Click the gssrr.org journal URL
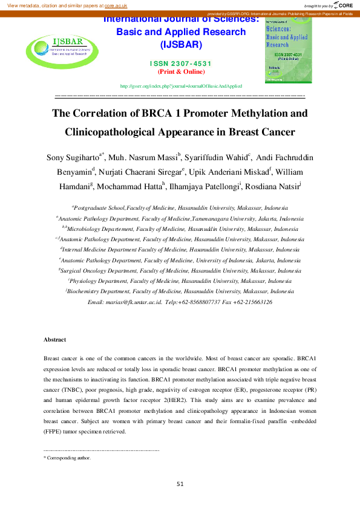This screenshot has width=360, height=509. (x=181, y=86)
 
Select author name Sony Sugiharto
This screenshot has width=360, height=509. (x=73, y=158)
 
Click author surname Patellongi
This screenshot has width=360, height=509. (x=223, y=187)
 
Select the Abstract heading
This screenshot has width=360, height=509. (x=55, y=340)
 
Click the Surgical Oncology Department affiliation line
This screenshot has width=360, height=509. (x=180, y=270)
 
